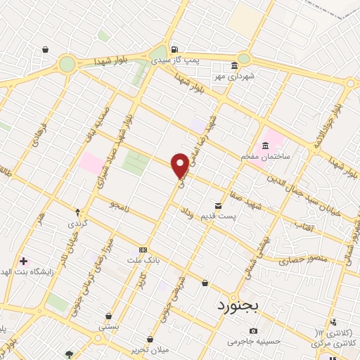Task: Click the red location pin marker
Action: tap(180, 165)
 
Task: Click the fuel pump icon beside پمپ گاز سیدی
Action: tap(174, 50)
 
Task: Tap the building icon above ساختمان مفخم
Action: tap(265, 146)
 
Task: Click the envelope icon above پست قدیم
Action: tap(218, 206)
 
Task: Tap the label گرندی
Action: tap(76, 224)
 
